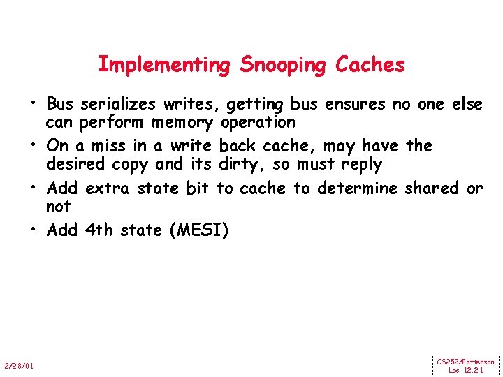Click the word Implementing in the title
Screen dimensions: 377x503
point(163,65)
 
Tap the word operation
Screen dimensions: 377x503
point(258,123)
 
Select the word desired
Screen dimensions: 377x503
point(74,165)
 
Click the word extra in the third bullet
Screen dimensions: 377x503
point(105,188)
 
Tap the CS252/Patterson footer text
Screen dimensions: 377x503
point(465,362)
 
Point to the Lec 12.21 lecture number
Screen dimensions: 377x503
point(465,370)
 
